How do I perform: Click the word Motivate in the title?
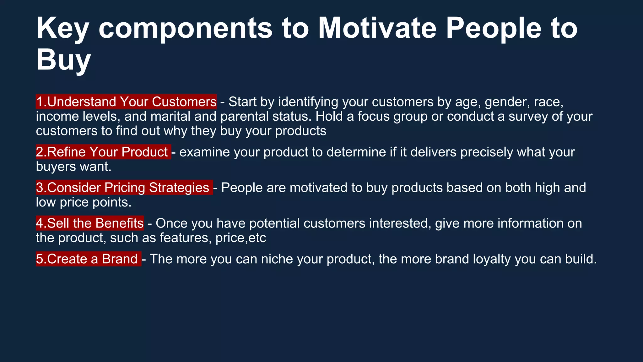377,28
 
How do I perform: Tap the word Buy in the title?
63,60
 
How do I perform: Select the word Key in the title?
62,28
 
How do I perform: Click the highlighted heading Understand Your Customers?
126,102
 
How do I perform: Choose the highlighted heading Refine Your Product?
103,152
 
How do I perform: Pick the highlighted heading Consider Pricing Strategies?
124,188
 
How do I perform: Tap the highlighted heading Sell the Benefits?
90,223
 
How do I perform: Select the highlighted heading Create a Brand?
88,259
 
